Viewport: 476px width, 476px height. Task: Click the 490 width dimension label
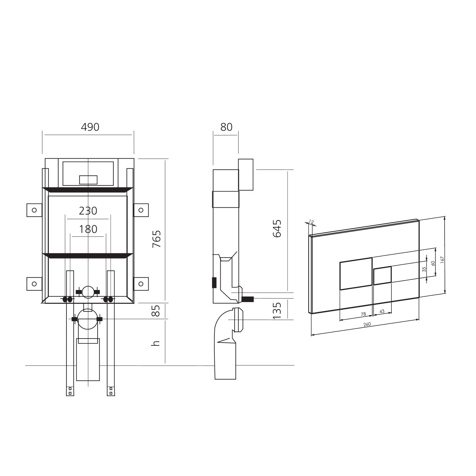pyautogui.click(x=90, y=127)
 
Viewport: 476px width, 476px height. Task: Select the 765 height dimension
pyautogui.click(x=157, y=239)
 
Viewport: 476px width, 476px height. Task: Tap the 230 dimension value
pyautogui.click(x=88, y=211)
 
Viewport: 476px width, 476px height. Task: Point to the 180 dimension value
pyautogui.click(x=88, y=229)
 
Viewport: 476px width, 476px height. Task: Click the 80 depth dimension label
pyautogui.click(x=226, y=127)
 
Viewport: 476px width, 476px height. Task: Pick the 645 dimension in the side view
pyautogui.click(x=277, y=228)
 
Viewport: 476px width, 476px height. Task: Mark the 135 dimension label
pyautogui.click(x=277, y=311)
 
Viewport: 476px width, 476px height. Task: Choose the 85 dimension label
pyautogui.click(x=157, y=311)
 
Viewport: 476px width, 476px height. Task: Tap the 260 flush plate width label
pyautogui.click(x=367, y=324)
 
